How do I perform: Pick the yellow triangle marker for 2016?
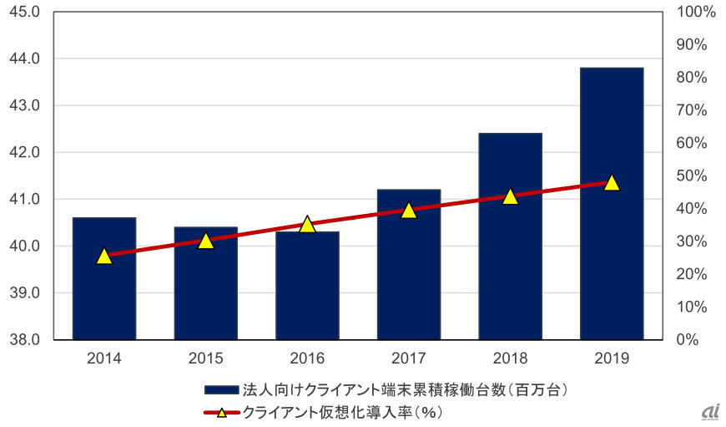(307, 224)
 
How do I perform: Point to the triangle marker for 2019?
(612, 182)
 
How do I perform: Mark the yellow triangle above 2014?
(104, 256)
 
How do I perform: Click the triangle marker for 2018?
(510, 196)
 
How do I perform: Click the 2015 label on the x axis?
(205, 358)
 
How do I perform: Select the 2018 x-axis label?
(510, 358)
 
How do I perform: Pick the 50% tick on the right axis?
(691, 176)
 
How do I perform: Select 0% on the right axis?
(688, 340)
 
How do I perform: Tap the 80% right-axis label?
(691, 78)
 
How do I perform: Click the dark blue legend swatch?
(222, 389)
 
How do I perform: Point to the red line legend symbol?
(222, 412)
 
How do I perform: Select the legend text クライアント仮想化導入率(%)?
(342, 412)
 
